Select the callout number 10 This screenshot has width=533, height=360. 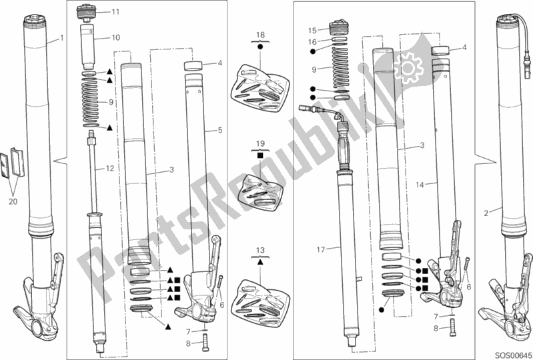[116, 38]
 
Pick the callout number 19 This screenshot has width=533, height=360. [260, 143]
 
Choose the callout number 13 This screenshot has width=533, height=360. [260, 250]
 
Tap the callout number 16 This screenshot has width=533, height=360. [310, 41]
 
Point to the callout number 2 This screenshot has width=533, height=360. [487, 213]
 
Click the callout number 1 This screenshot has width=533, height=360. [62, 37]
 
